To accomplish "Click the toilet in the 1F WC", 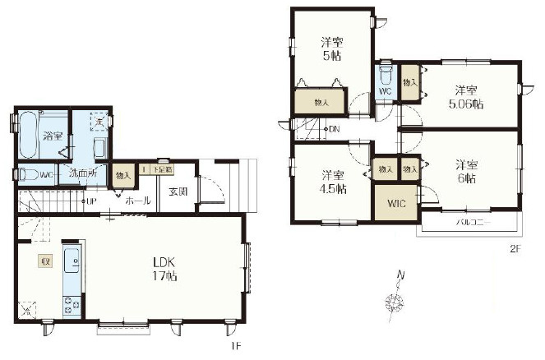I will coord(29,174).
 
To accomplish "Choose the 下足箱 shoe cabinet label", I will coord(159,169).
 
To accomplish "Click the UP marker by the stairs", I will coord(90,201).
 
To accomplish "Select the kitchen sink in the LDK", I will coord(71,262).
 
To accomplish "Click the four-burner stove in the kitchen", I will coord(71,304).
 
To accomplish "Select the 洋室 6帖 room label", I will coord(466,172).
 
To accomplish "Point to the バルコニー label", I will coord(467,223).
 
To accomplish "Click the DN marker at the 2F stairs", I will coord(334,130).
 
